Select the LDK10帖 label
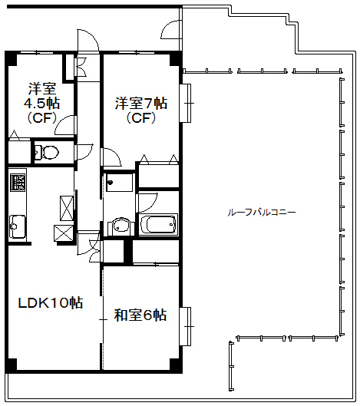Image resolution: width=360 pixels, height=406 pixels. click(51, 302)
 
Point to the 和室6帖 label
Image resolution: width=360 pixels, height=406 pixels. click(140, 314)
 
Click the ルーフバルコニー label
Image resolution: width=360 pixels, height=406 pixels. click(261, 211)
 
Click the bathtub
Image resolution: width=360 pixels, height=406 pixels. click(159, 226)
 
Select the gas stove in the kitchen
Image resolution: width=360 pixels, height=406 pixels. click(17, 183)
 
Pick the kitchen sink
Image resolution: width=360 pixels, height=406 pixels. click(17, 226)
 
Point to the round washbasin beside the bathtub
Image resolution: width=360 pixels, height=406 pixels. click(119, 226)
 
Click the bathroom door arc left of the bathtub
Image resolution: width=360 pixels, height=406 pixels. click(146, 202)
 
